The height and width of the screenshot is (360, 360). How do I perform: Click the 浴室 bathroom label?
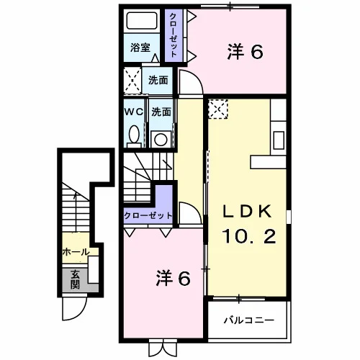(x=140, y=48)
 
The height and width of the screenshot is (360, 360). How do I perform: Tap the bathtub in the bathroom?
(x=142, y=20)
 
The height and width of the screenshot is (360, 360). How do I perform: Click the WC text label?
(x=133, y=112)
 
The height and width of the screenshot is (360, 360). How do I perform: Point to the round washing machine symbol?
(x=161, y=140)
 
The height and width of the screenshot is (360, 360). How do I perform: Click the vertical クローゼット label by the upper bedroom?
(x=174, y=35)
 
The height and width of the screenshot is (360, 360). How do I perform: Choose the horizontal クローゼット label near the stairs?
(x=148, y=215)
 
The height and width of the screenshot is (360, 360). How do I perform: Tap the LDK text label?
(x=247, y=211)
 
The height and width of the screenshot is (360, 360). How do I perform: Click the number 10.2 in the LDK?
(x=249, y=236)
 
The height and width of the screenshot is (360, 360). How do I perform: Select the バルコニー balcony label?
(x=249, y=320)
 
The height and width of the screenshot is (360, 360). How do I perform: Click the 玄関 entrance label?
(x=75, y=279)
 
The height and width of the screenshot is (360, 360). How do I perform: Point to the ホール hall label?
(x=76, y=252)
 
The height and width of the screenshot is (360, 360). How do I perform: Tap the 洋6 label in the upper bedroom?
(x=245, y=51)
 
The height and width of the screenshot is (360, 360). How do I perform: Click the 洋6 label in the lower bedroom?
(x=174, y=278)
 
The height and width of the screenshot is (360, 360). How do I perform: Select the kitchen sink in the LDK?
(x=279, y=140)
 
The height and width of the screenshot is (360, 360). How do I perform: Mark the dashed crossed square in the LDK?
(x=218, y=109)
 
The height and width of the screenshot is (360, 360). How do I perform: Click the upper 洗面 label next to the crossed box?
(x=158, y=80)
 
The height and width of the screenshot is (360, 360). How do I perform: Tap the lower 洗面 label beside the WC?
(x=161, y=112)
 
